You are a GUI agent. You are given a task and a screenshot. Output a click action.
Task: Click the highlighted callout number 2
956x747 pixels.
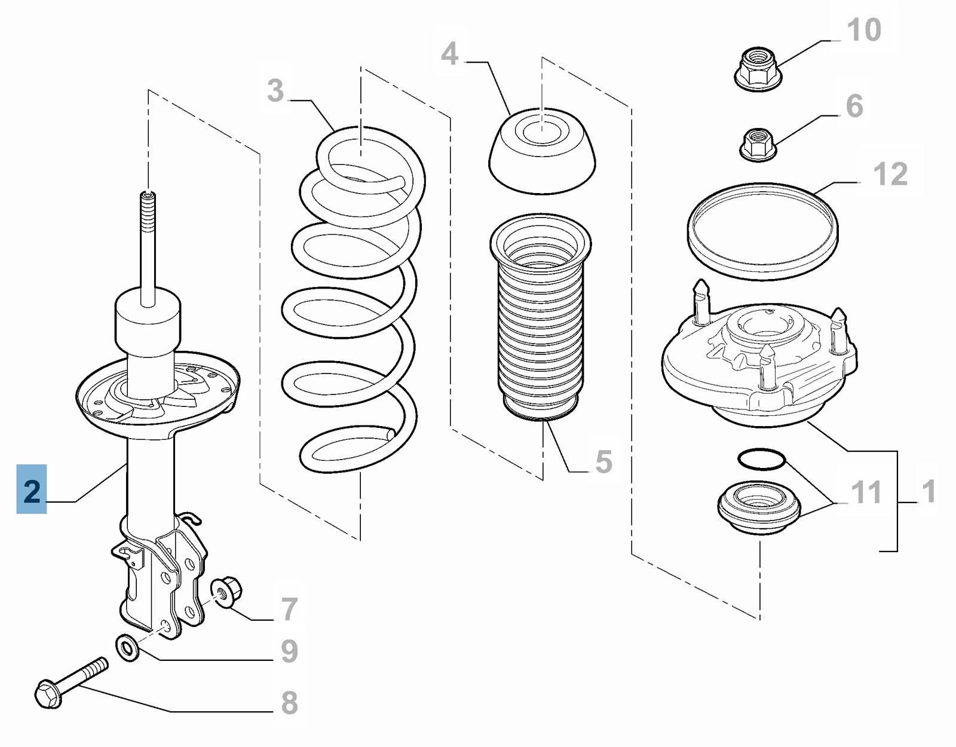pos(32,490)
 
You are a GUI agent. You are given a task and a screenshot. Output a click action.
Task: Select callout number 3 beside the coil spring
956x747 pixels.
pos(275,91)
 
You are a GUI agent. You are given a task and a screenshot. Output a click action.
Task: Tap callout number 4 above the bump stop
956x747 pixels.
pos(449,54)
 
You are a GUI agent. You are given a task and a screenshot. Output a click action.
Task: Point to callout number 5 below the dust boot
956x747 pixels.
pos(603,462)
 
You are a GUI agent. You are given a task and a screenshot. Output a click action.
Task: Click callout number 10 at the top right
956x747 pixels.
pos(864,30)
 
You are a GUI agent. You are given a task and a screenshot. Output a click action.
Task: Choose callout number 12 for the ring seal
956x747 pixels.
pos(890,174)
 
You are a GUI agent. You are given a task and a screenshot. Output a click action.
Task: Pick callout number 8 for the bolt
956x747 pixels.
pos(289,703)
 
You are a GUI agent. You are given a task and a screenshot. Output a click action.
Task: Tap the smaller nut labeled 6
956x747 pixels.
pos(758,143)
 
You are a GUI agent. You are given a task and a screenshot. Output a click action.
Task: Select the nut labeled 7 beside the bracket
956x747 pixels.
pos(227,591)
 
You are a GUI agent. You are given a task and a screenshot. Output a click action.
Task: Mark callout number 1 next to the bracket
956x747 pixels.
pos(928,491)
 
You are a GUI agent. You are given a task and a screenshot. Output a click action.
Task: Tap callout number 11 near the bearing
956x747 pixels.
pos(866,492)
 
